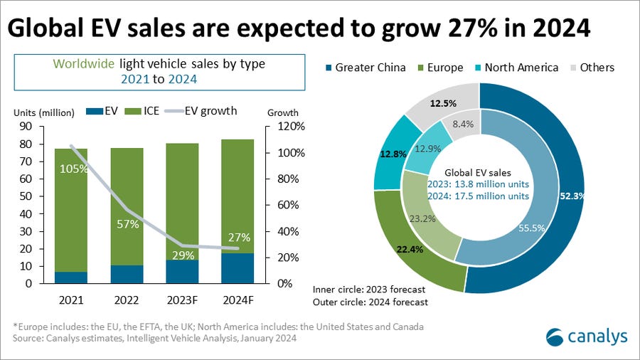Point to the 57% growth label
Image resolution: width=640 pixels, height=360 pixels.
(x=127, y=226)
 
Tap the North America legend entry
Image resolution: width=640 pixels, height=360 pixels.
(x=518, y=68)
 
